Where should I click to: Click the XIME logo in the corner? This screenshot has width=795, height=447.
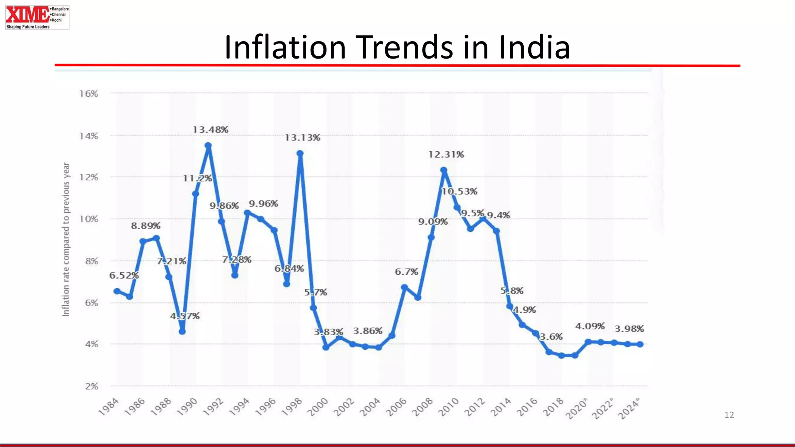(x=37, y=17)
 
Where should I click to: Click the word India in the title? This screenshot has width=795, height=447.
(x=534, y=47)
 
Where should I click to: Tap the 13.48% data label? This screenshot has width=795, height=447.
(x=210, y=130)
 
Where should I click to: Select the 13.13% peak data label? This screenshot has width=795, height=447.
(x=302, y=138)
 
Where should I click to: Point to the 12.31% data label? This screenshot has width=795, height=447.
(x=446, y=154)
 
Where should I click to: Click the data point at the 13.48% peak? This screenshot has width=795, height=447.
(x=208, y=146)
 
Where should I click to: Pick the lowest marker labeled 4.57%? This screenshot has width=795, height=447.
(x=182, y=331)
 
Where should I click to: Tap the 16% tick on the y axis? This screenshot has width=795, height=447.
(x=89, y=94)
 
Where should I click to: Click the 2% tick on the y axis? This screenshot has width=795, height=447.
(x=92, y=386)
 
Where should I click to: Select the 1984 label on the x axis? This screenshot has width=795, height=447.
(x=108, y=407)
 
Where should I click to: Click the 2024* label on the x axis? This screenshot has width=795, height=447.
(x=628, y=409)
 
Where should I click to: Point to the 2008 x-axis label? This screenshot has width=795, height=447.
(x=422, y=407)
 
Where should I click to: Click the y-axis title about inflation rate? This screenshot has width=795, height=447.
(x=66, y=239)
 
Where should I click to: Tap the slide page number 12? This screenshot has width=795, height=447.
(x=729, y=415)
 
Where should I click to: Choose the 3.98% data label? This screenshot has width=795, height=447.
(x=629, y=329)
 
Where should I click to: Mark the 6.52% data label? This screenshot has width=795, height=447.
(x=124, y=275)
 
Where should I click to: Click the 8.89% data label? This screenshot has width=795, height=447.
(x=146, y=226)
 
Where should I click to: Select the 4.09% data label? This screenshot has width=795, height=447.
(x=590, y=326)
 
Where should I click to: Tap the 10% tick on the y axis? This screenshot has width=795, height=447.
(x=89, y=219)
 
